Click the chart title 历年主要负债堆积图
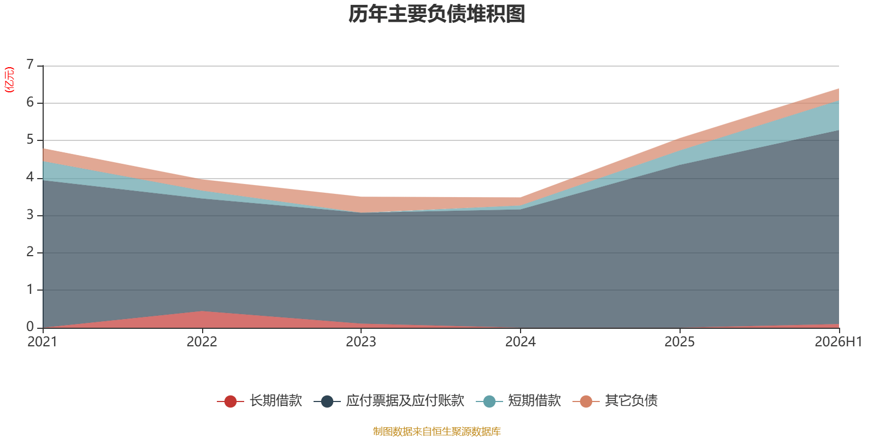click(x=436, y=14)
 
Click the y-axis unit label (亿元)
click(x=9, y=80)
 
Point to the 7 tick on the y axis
click(x=30, y=64)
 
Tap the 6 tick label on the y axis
click(x=30, y=102)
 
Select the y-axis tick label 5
click(x=30, y=140)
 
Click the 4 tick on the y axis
click(x=30, y=177)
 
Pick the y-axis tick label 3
click(x=30, y=215)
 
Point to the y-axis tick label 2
click(x=30, y=252)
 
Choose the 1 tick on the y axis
click(x=30, y=290)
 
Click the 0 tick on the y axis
click(x=30, y=327)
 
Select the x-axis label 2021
click(x=43, y=342)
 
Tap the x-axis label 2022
click(x=202, y=342)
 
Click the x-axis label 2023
click(x=361, y=342)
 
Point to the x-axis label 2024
click(x=521, y=342)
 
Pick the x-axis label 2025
click(x=680, y=342)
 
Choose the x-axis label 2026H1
click(x=838, y=342)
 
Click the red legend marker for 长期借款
click(x=230, y=401)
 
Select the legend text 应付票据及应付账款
click(x=405, y=401)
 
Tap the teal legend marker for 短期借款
click(x=489, y=401)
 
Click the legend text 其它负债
click(x=631, y=401)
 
